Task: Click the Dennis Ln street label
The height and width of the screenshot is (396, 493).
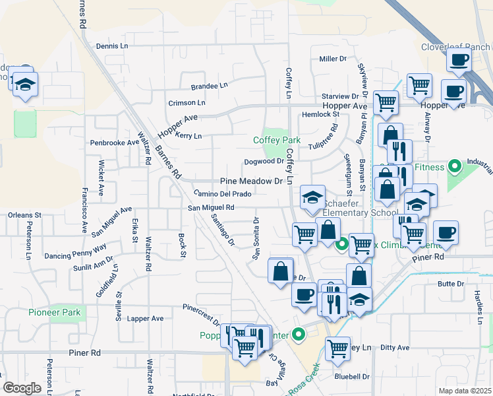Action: point(111,46)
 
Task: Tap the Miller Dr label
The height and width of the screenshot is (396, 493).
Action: point(333,59)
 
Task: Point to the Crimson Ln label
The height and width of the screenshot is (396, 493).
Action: point(187,103)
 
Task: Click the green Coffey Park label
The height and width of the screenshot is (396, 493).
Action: point(277,140)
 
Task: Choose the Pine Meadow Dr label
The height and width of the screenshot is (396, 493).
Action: point(250,181)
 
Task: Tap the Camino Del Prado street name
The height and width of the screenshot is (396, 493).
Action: point(223,194)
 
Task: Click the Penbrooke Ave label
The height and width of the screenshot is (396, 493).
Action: point(115,143)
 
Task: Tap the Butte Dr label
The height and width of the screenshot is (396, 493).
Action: point(451,284)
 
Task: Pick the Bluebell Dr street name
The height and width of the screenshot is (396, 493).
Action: point(352,377)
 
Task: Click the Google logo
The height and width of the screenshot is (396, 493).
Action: point(21,388)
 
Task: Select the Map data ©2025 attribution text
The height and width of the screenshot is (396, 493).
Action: point(465,391)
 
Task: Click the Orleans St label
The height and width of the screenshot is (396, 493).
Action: point(24,215)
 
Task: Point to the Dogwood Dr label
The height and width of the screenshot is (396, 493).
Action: point(264,161)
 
